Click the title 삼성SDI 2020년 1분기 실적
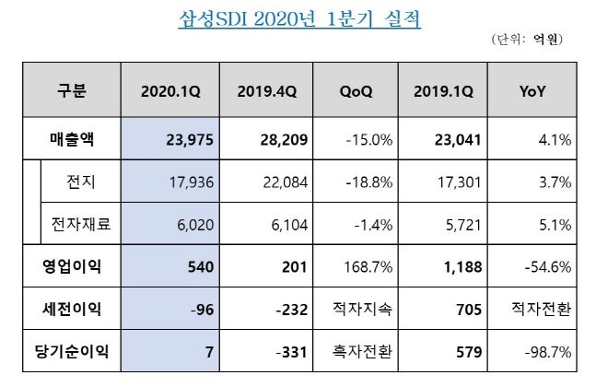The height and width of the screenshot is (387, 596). (298, 20)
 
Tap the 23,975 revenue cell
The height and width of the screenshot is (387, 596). (189, 140)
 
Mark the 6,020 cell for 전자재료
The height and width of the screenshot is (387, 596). (194, 222)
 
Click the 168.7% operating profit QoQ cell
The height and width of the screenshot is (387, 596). (367, 264)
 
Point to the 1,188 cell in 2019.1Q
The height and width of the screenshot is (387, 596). (463, 264)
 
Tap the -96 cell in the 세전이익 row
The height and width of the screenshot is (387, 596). (201, 306)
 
